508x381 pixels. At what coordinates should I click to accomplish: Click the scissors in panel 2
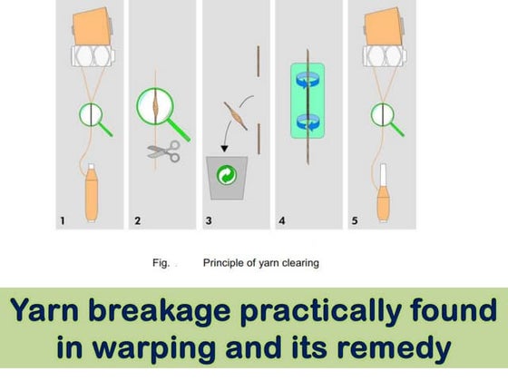pyautogui.click(x=164, y=151)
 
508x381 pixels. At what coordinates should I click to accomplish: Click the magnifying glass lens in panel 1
pyautogui.click(x=91, y=115)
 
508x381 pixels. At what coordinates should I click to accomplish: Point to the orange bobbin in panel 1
pyautogui.click(x=93, y=194)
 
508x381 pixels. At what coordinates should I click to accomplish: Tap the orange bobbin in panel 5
pyautogui.click(x=384, y=194)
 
